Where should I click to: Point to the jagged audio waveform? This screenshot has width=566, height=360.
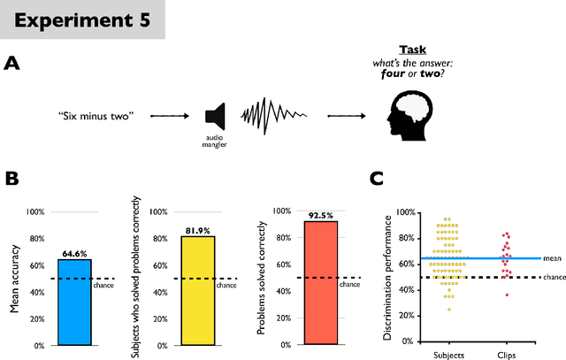270,116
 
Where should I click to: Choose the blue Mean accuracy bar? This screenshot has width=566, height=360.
73,302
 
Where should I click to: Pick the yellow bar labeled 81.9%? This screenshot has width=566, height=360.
197,290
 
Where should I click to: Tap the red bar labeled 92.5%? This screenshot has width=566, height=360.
319,283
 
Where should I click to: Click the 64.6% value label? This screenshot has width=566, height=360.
73,252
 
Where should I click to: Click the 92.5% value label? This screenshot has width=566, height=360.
319,215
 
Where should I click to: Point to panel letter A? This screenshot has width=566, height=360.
11,63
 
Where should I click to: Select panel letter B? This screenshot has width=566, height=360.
12,179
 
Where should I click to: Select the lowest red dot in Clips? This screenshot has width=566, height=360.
507,294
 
